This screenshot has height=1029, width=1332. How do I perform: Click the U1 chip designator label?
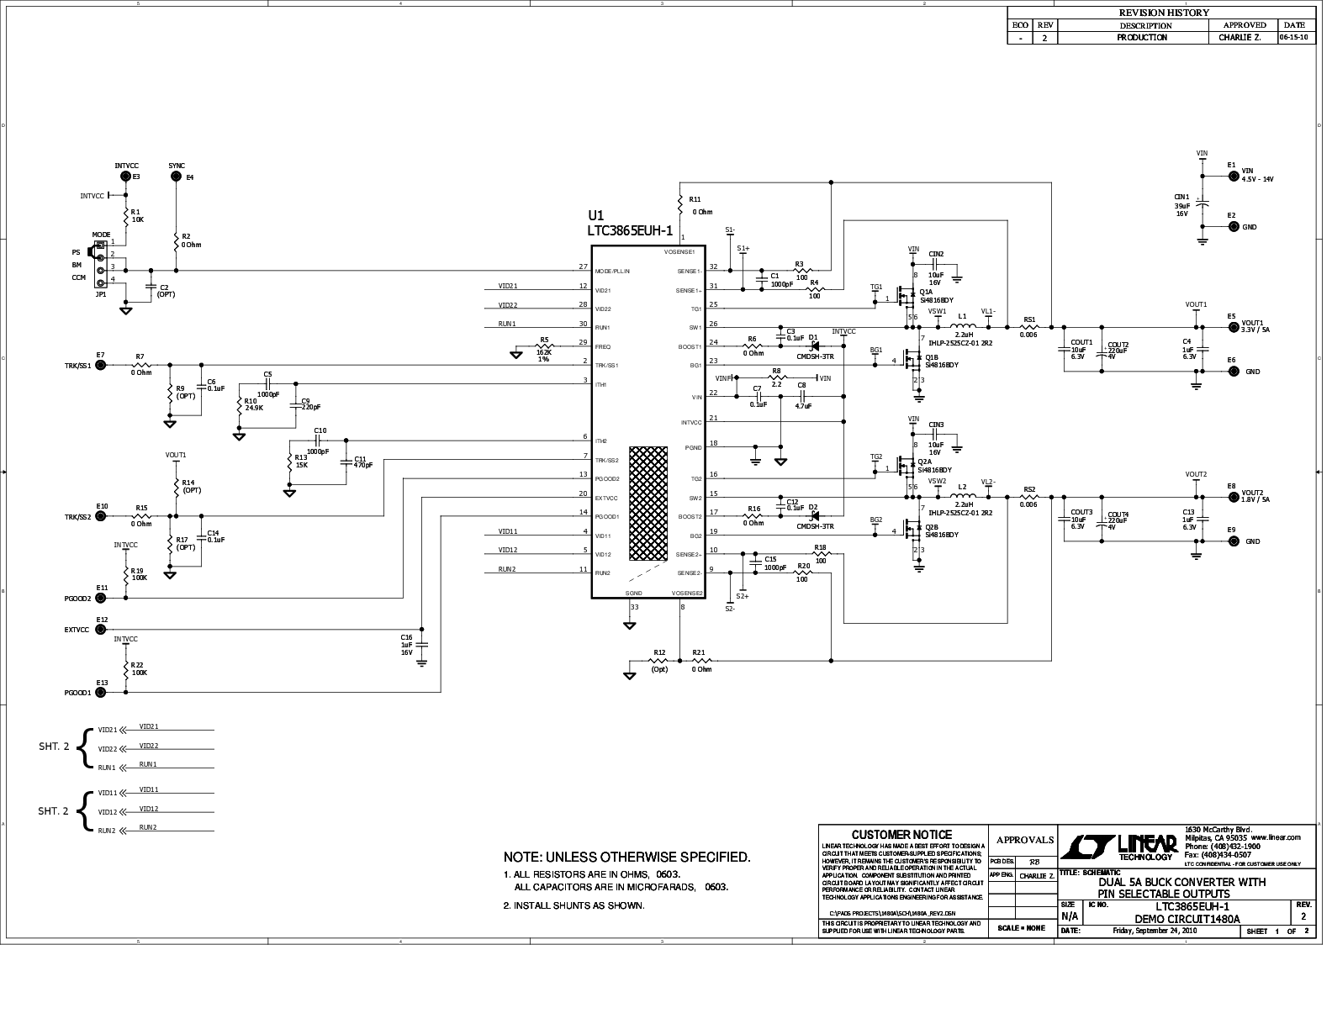click(x=596, y=215)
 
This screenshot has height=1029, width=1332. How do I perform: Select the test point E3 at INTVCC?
click(x=126, y=177)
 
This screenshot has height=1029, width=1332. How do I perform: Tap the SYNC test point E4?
click(x=177, y=177)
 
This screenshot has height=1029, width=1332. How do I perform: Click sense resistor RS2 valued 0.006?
click(x=1028, y=498)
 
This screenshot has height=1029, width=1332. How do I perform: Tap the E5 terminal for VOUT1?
click(x=1233, y=327)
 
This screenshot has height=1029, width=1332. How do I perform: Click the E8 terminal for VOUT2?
click(x=1233, y=498)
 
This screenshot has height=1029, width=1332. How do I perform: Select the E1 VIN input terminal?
click(x=1233, y=177)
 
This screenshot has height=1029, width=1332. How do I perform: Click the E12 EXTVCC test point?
click(x=101, y=629)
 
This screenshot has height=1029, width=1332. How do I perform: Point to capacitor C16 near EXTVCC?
click(x=422, y=644)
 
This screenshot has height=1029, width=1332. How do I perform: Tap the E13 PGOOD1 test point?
click(x=101, y=693)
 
